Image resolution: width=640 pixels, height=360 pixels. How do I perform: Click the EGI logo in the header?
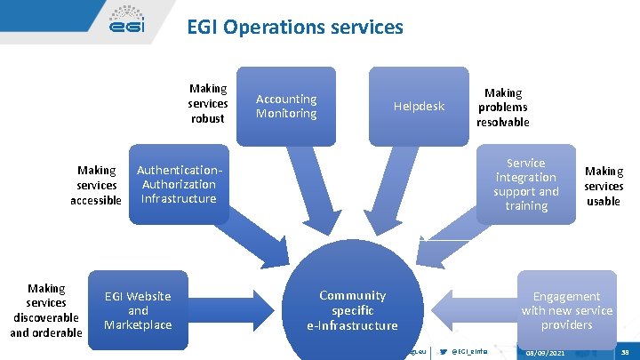click(126, 22)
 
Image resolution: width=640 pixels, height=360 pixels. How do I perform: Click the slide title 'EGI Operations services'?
click(294, 28)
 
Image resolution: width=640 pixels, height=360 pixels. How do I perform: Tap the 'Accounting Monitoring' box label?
click(286, 106)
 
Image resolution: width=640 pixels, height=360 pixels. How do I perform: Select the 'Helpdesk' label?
click(419, 107)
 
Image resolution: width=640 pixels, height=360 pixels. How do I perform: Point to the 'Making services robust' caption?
click(208, 103)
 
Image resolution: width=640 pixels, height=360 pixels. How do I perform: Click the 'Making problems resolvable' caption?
click(502, 107)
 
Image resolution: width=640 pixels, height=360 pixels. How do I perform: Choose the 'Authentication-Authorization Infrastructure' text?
click(179, 184)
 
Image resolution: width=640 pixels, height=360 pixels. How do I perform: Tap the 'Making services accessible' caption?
click(96, 185)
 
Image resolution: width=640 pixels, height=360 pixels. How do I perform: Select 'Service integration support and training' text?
click(526, 184)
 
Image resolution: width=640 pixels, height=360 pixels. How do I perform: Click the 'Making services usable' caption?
click(604, 186)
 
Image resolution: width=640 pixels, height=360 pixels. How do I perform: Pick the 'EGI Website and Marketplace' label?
click(138, 310)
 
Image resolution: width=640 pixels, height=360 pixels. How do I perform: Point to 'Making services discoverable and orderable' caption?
click(46, 310)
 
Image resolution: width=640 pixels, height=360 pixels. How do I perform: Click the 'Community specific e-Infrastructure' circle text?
click(353, 310)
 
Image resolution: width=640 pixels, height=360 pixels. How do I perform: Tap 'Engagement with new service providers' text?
click(567, 310)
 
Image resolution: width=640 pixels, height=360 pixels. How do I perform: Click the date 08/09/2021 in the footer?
click(545, 353)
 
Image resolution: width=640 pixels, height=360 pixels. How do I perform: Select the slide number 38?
click(624, 353)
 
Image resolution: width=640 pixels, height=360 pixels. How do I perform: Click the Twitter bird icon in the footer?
click(444, 352)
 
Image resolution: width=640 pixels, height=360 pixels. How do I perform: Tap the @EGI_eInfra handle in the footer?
click(470, 352)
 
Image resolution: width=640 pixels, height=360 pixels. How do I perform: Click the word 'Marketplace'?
click(138, 325)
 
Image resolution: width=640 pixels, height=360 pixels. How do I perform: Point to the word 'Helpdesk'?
click(419, 107)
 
